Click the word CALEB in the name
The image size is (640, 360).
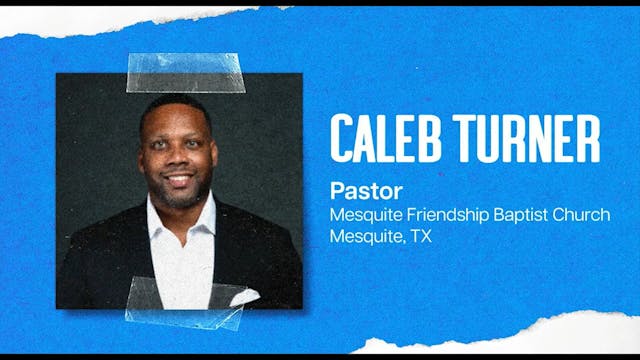pos(385,139)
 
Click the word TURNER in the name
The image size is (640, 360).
pos(526,139)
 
